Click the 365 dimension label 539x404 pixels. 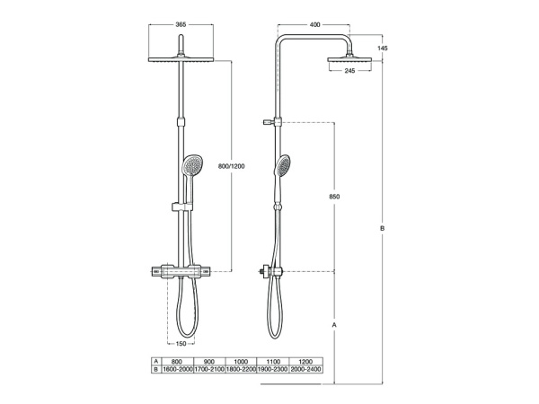pos(181,24)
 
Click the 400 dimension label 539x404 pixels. pos(314,24)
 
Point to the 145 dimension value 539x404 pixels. pos(383,48)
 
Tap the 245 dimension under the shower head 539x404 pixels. pos(349,71)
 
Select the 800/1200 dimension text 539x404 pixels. pos(232,166)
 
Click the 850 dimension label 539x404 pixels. pos(334,197)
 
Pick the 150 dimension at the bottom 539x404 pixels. pos(181,343)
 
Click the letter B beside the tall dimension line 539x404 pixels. pos(383,228)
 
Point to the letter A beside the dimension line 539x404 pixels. pos(334,324)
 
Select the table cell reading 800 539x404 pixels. pos(177,362)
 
